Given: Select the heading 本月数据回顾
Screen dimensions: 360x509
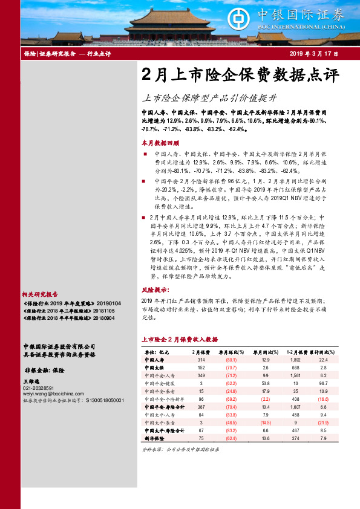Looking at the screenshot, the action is [x=160, y=143].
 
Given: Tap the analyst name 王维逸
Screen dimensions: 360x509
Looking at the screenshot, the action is [x=31, y=382].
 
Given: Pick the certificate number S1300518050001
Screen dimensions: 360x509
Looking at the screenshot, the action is [x=103, y=400].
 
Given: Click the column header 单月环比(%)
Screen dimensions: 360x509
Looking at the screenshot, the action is [x=231, y=352].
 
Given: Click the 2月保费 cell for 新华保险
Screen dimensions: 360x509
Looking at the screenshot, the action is [x=201, y=438].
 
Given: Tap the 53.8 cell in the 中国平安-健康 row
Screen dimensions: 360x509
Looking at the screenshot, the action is [x=266, y=383].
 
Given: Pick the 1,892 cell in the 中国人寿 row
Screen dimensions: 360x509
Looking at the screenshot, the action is [x=296, y=360].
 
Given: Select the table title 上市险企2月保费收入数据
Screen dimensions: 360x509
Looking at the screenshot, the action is [x=178, y=340].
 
